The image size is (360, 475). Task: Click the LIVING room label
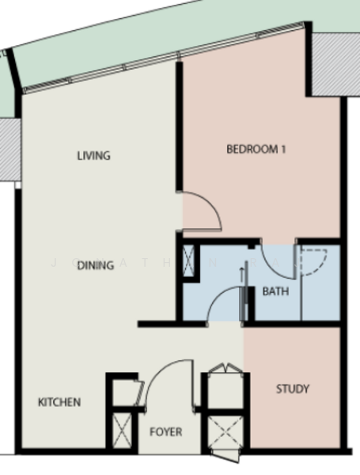[x=94, y=156]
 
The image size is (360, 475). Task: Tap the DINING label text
[x=96, y=266]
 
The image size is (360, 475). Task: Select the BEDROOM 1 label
[x=256, y=149]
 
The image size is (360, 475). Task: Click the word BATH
[x=275, y=291]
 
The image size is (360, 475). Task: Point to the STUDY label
[x=293, y=389]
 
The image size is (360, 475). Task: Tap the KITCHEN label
[x=59, y=402]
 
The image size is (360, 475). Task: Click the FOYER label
[x=166, y=431]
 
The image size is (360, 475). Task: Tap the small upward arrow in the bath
[x=241, y=274]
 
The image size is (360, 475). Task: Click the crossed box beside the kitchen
[x=123, y=430]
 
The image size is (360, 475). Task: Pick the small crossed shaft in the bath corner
[x=188, y=260]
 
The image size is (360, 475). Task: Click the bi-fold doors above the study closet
[x=225, y=368]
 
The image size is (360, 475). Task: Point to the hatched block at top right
[x=336, y=65]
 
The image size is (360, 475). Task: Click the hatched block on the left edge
[x=10, y=149]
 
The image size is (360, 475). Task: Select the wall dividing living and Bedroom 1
[x=180, y=127]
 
